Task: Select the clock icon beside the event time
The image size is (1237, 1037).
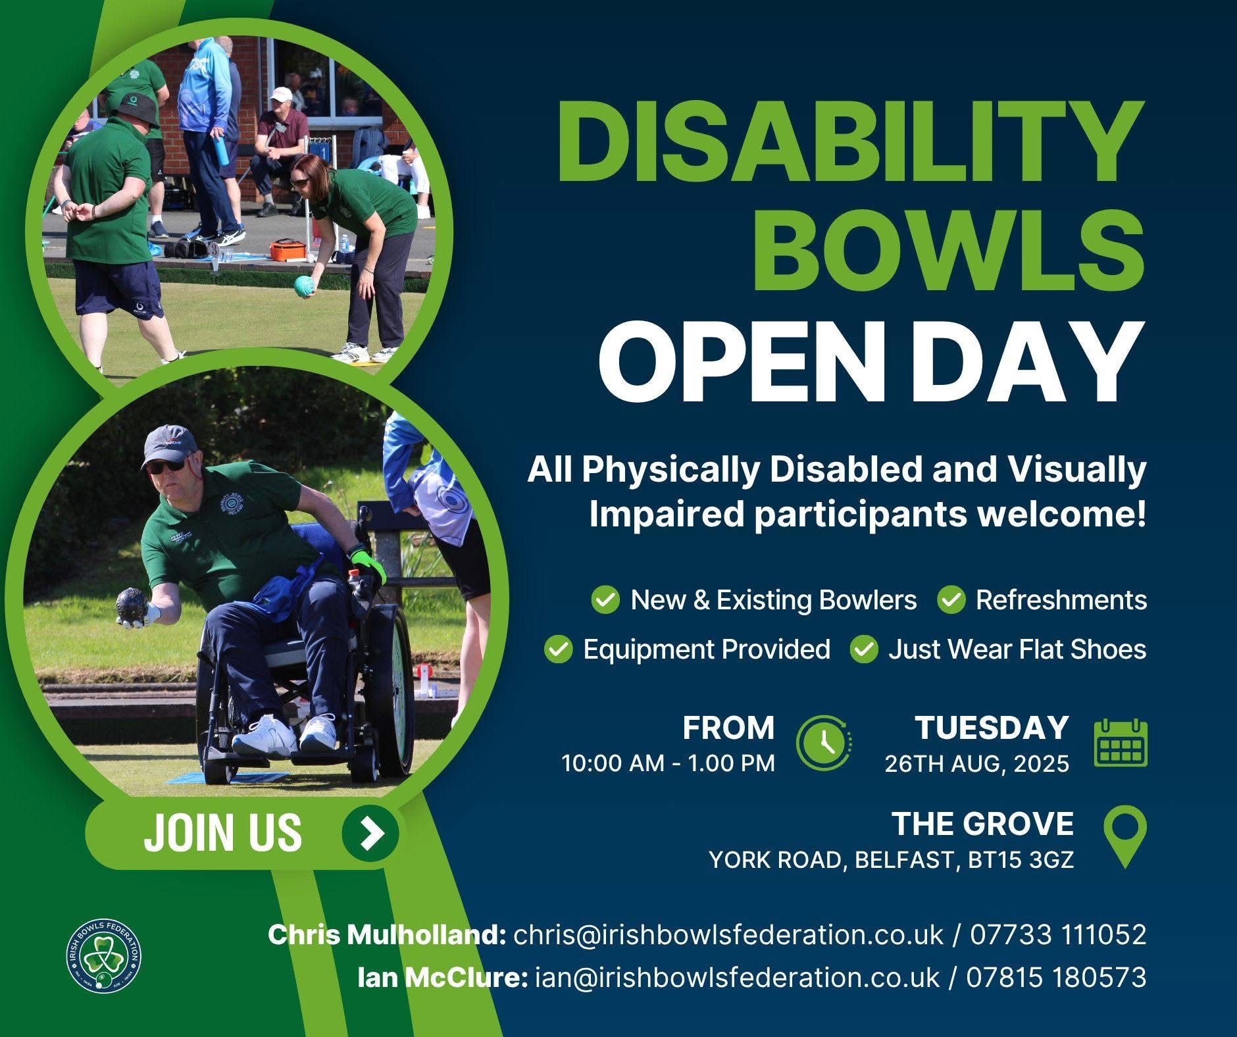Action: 824,743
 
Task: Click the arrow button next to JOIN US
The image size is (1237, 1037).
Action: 370,833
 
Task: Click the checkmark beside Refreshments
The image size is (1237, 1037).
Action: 951,600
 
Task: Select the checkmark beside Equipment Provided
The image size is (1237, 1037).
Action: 559,649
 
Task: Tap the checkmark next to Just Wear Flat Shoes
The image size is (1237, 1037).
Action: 864,649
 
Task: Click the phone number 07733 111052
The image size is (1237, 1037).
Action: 1058,934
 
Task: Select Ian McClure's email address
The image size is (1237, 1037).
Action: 737,977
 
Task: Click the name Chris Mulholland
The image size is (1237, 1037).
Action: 386,934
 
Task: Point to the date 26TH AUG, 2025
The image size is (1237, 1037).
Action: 976,764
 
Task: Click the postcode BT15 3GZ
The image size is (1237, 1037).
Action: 1021,860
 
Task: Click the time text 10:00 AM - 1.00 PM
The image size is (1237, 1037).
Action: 668,764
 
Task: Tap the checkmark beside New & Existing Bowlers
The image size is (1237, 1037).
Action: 605,600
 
